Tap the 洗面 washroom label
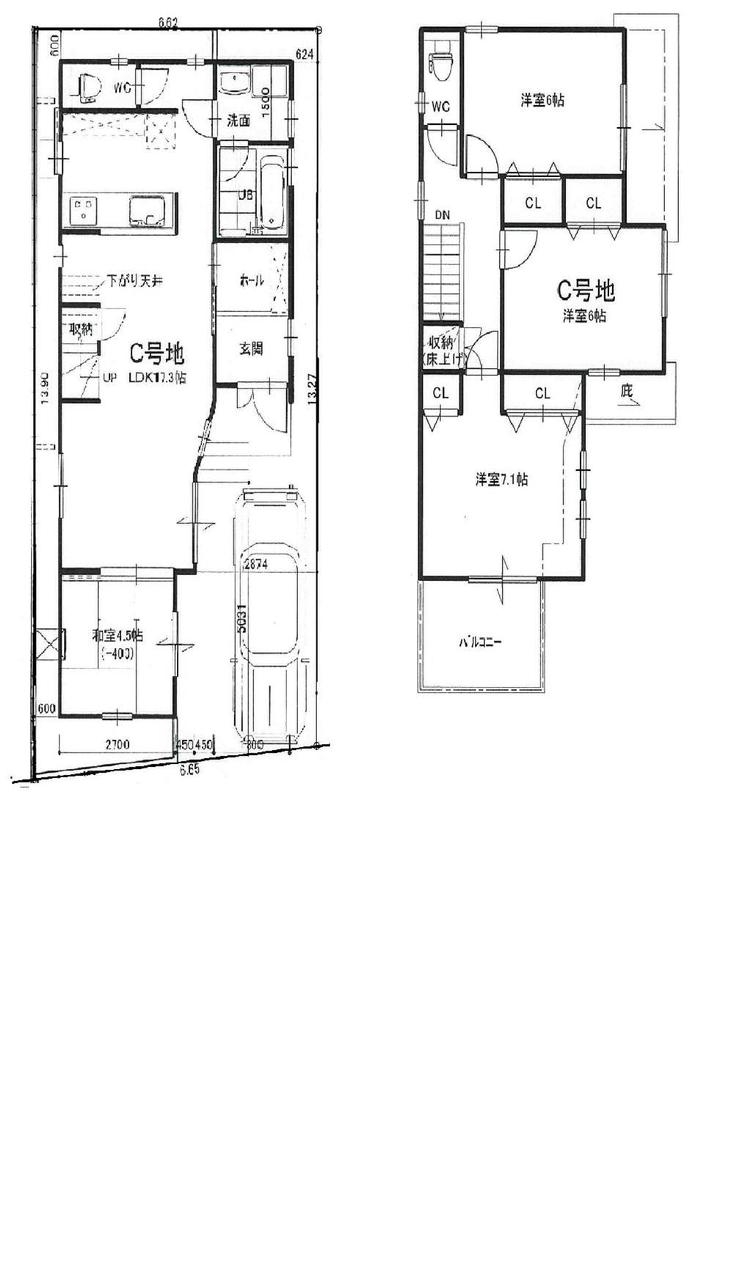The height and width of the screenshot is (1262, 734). point(238,120)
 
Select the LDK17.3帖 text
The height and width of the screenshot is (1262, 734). point(157,378)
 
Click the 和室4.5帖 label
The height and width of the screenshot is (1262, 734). point(117,635)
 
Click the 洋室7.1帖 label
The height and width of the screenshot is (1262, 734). point(501,480)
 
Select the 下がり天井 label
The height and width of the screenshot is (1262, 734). point(134,281)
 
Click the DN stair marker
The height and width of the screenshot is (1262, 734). point(442,214)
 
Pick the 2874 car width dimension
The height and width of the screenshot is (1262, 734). point(256,566)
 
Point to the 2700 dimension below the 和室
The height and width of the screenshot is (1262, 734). point(117,745)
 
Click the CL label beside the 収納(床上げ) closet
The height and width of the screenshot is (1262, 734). point(440,394)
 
